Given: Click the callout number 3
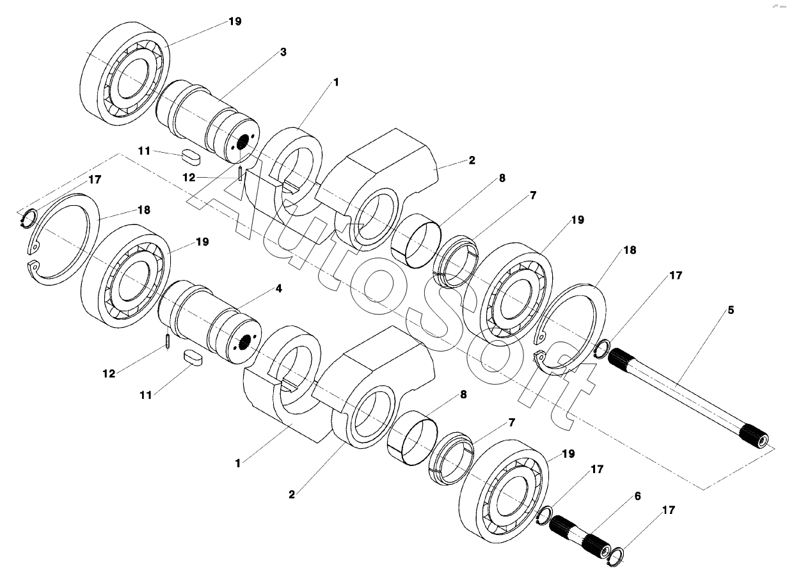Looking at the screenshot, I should [283, 52].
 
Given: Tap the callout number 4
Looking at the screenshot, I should [278, 288].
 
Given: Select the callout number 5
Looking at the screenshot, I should [731, 311].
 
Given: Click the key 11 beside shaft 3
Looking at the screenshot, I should [191, 154].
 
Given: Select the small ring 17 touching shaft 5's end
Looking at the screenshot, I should [601, 350].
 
